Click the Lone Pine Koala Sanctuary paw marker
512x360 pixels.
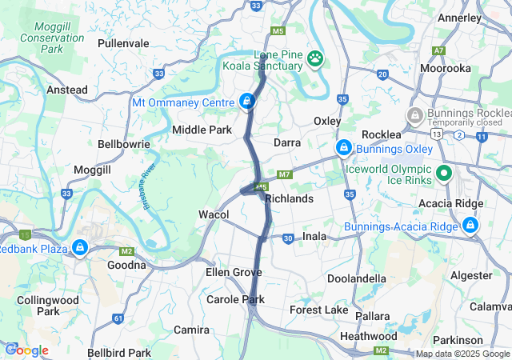[318, 58]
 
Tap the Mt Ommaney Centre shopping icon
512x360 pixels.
[247, 102]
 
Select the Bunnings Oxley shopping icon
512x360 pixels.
[343, 148]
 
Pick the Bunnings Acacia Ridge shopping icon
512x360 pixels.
[470, 226]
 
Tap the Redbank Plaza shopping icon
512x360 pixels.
[80, 248]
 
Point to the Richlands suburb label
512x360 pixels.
[288, 198]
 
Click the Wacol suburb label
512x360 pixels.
[214, 214]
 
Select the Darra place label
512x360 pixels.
[287, 142]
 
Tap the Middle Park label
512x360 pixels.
[202, 130]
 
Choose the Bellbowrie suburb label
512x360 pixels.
[120, 145]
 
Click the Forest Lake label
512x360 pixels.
[318, 310]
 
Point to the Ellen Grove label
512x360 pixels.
[234, 273]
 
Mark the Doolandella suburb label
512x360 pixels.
[358, 278]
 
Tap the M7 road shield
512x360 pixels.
[285, 174]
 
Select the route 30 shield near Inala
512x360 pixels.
[288, 238]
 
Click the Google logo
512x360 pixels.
[26, 350]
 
